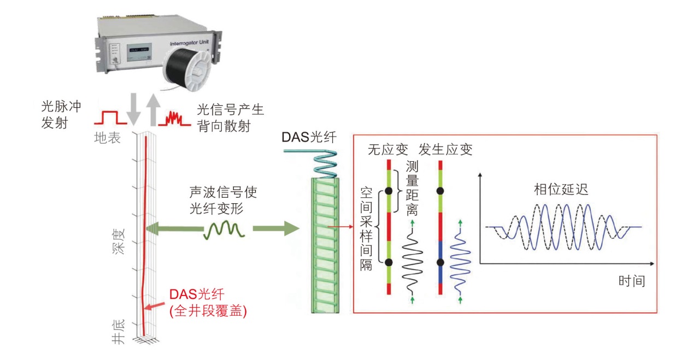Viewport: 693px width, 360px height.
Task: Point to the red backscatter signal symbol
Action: pos(173,117)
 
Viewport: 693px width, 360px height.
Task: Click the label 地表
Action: pos(107,138)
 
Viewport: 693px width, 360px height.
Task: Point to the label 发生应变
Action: pos(445,149)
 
